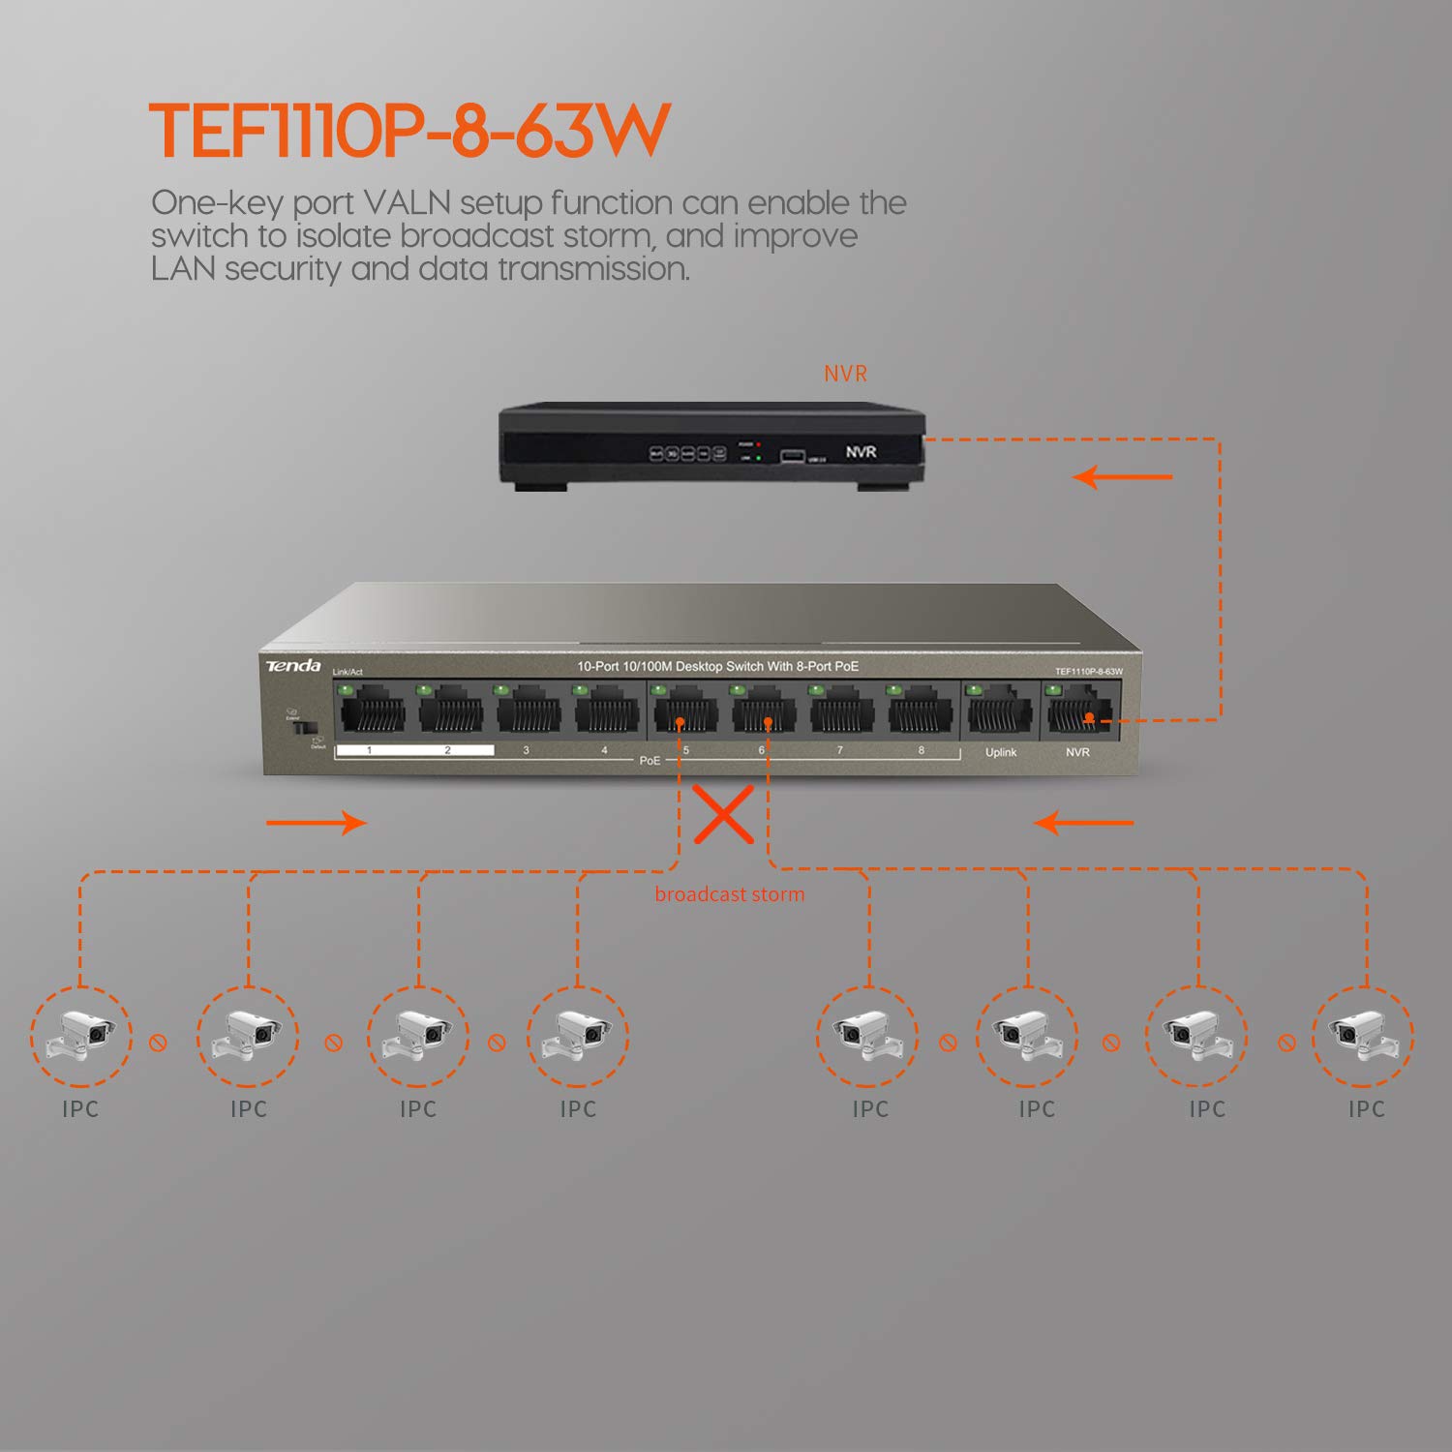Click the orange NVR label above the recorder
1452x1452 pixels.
pyautogui.click(x=845, y=374)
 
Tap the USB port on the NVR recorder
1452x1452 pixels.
pyautogui.click(x=792, y=455)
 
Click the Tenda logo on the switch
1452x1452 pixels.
pyautogui.click(x=293, y=666)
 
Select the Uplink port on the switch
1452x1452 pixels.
pyautogui.click(x=1000, y=713)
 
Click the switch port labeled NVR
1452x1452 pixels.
pyautogui.click(x=1077, y=713)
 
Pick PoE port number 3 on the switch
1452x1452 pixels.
pyautogui.click(x=529, y=713)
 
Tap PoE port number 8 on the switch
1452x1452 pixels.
pyautogui.click(x=920, y=713)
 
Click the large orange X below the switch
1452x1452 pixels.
pyautogui.click(x=724, y=814)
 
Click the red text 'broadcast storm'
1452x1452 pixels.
pyautogui.click(x=729, y=894)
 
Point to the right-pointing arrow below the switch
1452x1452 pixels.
pyautogui.click(x=317, y=823)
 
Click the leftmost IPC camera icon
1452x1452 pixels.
pyautogui.click(x=81, y=1037)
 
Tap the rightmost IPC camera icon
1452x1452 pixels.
pyautogui.click(x=1363, y=1037)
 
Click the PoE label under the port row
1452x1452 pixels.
pyautogui.click(x=650, y=761)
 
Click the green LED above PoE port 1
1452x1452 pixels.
pyautogui.click(x=344, y=689)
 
